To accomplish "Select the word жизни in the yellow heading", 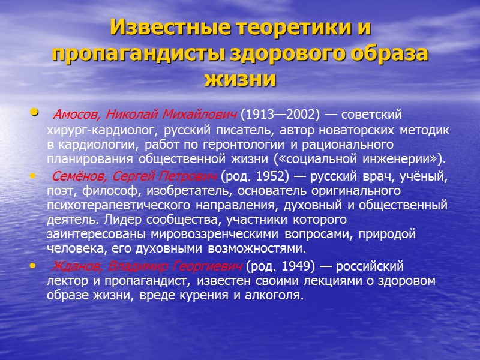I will point(240,79).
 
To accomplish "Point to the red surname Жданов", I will point(73,266).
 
